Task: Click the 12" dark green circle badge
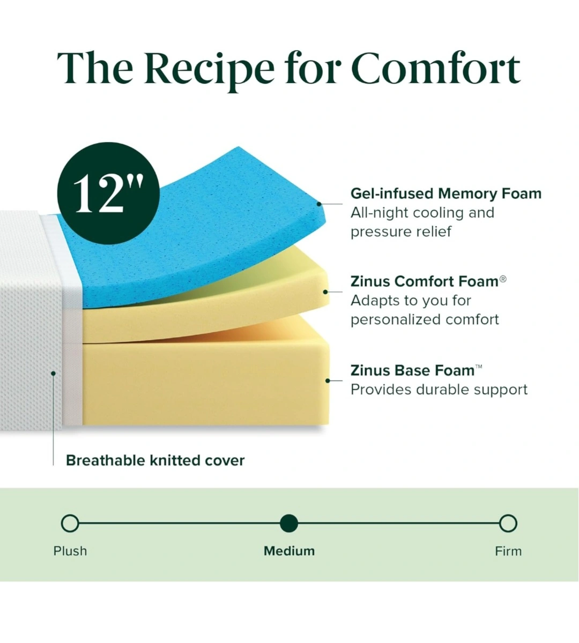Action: click(108, 193)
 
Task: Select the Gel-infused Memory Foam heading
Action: click(446, 193)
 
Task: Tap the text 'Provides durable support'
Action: click(439, 390)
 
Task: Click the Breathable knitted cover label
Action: click(155, 461)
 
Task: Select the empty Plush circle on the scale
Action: click(70, 524)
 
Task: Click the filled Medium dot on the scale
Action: click(289, 524)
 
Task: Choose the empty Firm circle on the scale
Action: click(508, 524)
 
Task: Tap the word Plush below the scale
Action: click(70, 551)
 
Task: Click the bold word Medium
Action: click(289, 551)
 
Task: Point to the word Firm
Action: click(508, 551)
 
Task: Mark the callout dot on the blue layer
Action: click(319, 204)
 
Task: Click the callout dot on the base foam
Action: click(328, 381)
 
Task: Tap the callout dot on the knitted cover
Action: click(53, 373)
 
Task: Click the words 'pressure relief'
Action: click(401, 231)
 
